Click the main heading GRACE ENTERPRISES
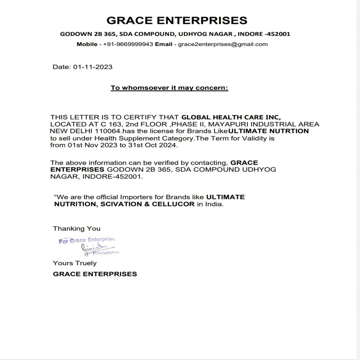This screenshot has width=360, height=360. click(x=177, y=20)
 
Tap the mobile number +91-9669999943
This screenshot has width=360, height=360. click(x=128, y=44)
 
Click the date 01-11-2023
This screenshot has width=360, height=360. click(x=93, y=67)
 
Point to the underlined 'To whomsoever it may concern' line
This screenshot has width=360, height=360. click(x=169, y=88)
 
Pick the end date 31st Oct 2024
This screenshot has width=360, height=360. click(x=158, y=145)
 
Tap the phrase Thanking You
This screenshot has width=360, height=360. click(x=77, y=228)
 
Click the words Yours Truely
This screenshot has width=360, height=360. click(x=75, y=263)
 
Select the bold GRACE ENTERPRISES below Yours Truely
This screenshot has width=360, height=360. click(x=95, y=274)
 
